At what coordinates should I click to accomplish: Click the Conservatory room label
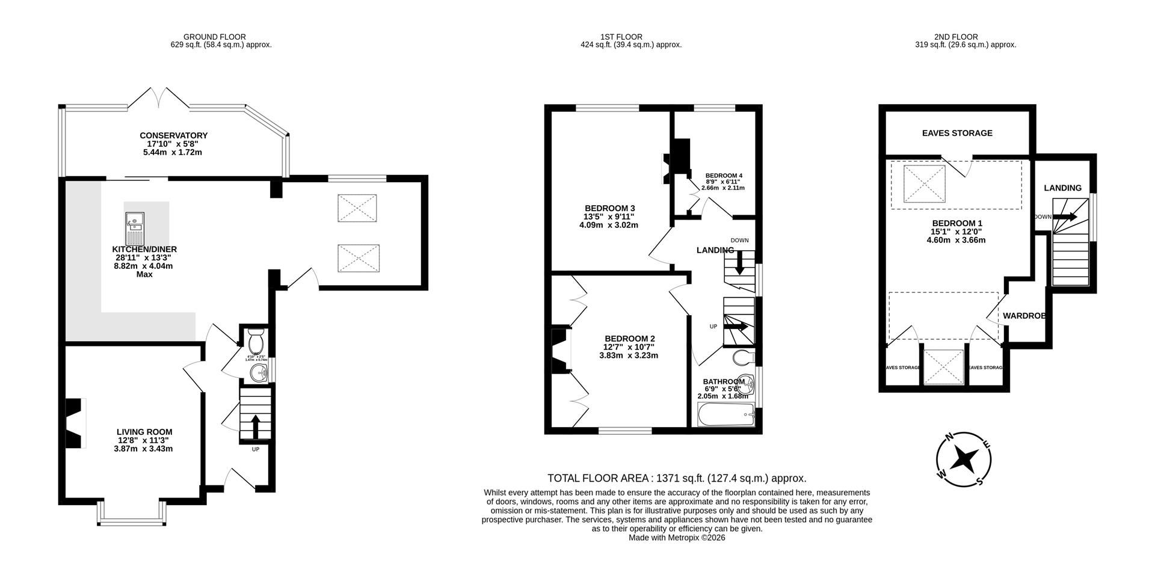[173, 136]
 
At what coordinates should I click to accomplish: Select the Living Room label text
[144, 432]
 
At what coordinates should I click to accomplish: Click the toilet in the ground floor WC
[255, 342]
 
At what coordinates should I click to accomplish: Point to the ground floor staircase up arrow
[255, 426]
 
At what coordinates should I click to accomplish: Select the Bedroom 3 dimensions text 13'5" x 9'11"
[609, 217]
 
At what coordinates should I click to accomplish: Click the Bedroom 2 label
[629, 339]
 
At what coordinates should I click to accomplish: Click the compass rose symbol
[964, 460]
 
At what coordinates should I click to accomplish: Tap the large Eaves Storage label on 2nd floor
[956, 133]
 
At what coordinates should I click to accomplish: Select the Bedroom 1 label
[956, 223]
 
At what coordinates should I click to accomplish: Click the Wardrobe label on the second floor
[1023, 316]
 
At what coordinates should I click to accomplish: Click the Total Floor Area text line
[676, 478]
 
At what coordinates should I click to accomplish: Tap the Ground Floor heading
[214, 37]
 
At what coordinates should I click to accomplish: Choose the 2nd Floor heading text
[956, 37]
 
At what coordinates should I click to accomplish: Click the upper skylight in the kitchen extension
[357, 209]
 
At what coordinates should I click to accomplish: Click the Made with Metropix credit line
[676, 538]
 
